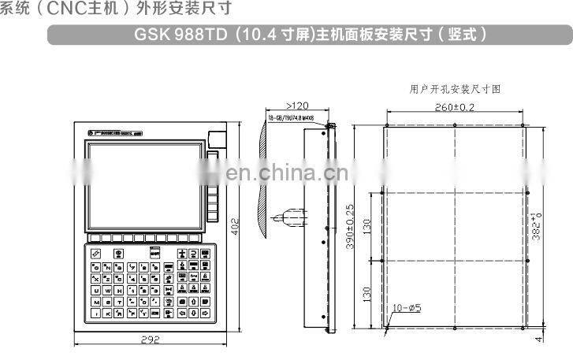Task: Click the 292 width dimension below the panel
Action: [x=151, y=340]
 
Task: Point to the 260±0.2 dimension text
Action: [x=455, y=107]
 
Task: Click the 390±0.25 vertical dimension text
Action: [x=350, y=227]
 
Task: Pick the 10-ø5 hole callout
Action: [x=407, y=308]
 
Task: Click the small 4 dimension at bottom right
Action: [x=540, y=339]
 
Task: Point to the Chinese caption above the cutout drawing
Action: [x=455, y=89]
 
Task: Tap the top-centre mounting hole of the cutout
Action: [x=455, y=124]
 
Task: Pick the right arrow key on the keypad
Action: [x=204, y=314]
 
